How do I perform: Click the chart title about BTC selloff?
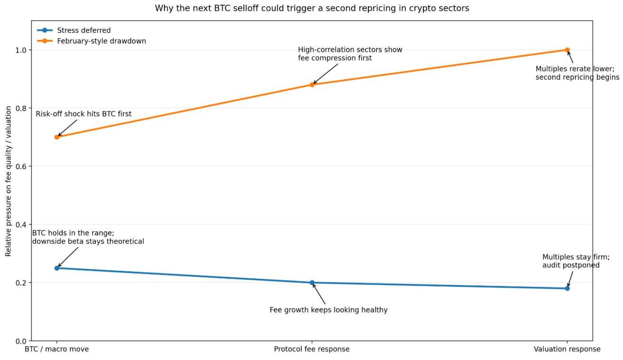[x=311, y=8]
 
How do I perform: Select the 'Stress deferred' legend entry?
[x=84, y=30]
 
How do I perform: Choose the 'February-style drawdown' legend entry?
[x=101, y=41]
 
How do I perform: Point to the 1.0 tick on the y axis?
[x=21, y=50]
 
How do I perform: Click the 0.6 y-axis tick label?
[x=21, y=167]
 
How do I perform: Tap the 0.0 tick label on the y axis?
[x=21, y=341]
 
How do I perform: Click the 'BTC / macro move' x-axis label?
[x=57, y=350]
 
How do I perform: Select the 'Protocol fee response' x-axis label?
[x=311, y=350]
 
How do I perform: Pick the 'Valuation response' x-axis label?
[x=566, y=350]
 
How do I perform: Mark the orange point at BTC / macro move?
[x=57, y=137]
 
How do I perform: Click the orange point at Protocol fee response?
[x=312, y=85]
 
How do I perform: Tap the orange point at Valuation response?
[x=567, y=50]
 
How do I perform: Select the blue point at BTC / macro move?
[x=57, y=268]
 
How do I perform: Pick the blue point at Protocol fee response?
[x=312, y=283]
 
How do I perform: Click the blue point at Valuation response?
[x=567, y=288]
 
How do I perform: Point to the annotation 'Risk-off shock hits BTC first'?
[x=84, y=114]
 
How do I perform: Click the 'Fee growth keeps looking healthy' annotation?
[x=328, y=310]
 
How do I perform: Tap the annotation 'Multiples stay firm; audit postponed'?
[x=575, y=261]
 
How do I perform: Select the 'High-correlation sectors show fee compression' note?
[x=350, y=54]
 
